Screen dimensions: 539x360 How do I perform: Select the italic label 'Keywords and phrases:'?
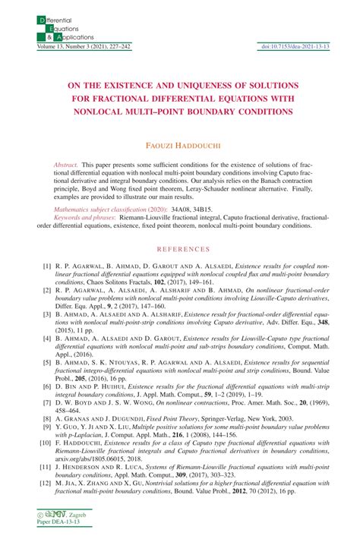[x=85, y=216]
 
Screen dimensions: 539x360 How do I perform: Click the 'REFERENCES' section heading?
[x=179, y=249]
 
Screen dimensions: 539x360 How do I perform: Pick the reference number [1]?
[x=46, y=267]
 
